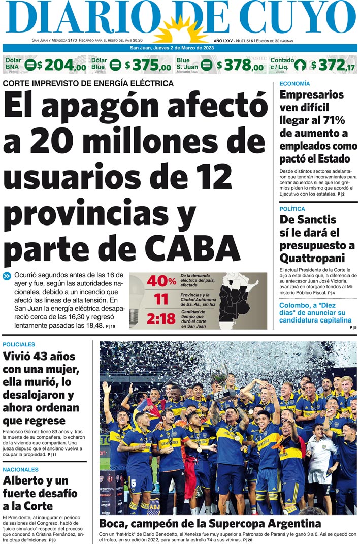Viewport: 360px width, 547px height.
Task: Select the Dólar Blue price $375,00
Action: click(x=148, y=66)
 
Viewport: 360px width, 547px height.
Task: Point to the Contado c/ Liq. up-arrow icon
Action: click(x=300, y=65)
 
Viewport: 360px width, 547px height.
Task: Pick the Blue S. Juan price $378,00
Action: click(x=240, y=66)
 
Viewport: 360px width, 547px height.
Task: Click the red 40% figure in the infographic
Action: click(x=161, y=281)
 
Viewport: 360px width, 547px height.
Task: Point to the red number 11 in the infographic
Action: click(x=161, y=300)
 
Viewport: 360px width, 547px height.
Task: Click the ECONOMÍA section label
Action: click(x=294, y=83)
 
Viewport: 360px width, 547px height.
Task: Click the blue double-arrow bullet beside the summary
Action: click(x=7, y=276)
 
